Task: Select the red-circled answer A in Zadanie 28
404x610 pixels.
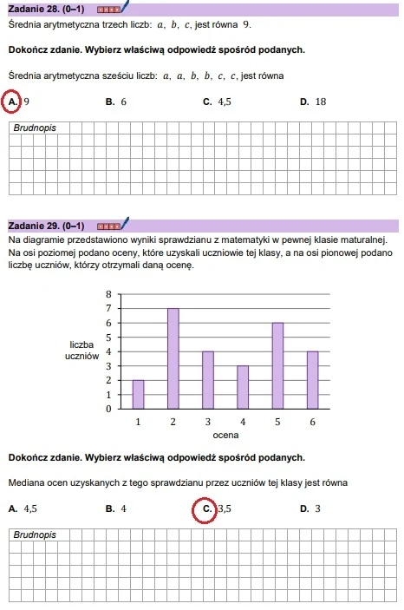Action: click(13, 102)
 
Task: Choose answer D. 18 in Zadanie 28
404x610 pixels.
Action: click(312, 102)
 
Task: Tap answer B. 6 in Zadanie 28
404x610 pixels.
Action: click(116, 102)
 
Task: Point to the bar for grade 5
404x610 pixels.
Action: click(277, 365)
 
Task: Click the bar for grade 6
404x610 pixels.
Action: click(313, 379)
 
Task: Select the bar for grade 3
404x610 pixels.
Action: click(208, 379)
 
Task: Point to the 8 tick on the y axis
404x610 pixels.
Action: click(108, 295)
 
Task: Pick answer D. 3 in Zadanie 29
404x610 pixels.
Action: click(310, 508)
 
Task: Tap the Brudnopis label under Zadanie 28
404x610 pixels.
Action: click(36, 128)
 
